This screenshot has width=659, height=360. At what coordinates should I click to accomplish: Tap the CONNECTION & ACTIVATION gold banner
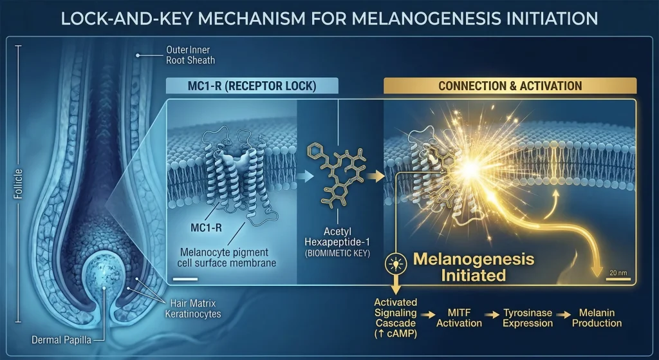point(510,86)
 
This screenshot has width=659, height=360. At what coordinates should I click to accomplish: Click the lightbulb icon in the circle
point(393,264)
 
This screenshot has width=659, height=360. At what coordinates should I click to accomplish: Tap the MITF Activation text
point(459,317)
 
